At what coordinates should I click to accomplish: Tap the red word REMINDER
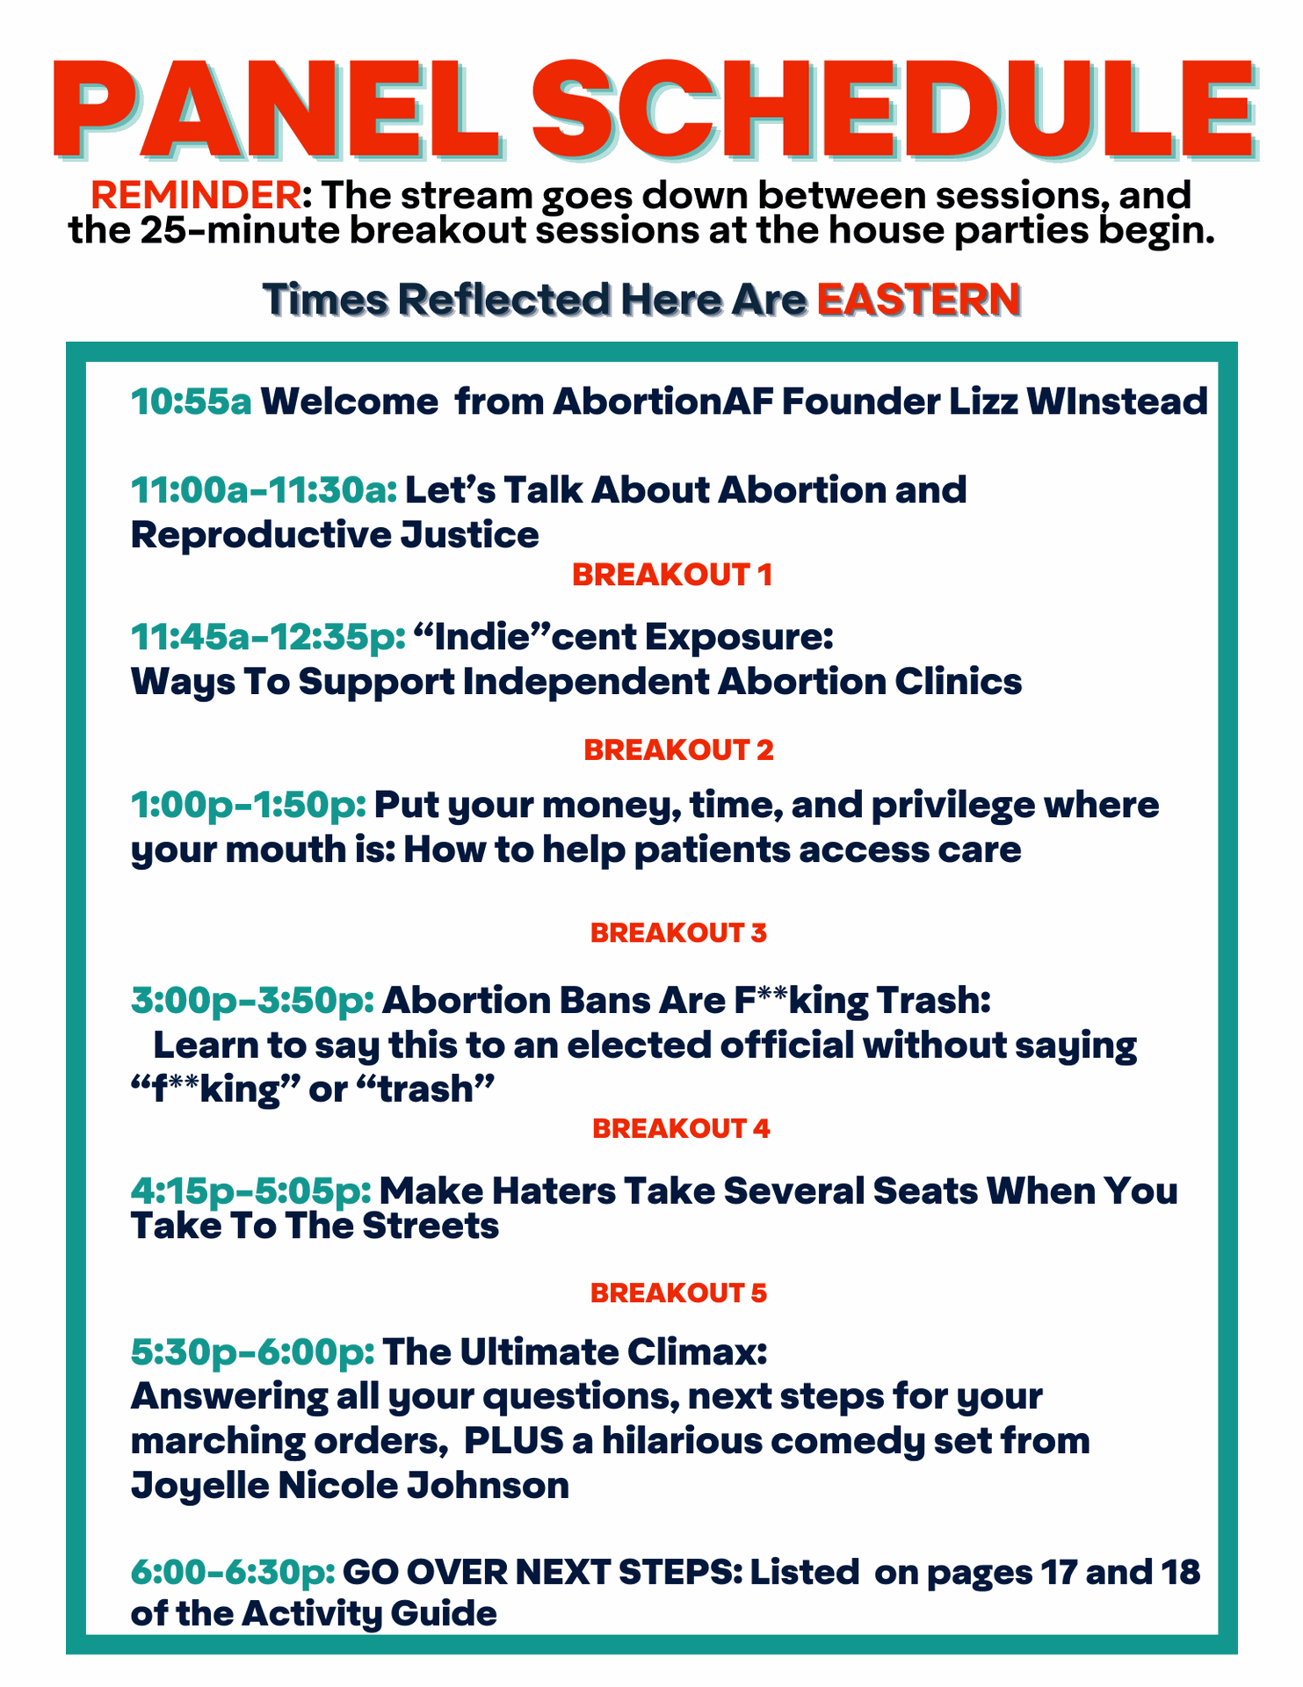click(196, 195)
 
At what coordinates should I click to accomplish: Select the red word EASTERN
click(919, 300)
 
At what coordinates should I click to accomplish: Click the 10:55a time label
click(192, 402)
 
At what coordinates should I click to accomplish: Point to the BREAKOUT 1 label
click(672, 575)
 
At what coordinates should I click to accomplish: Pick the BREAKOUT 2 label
click(678, 750)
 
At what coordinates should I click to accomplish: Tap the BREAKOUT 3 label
click(678, 933)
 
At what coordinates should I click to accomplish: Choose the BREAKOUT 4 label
click(681, 1129)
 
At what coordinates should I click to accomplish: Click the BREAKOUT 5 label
click(678, 1293)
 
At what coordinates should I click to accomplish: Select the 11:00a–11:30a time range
click(264, 490)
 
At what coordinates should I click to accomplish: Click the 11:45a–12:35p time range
click(269, 637)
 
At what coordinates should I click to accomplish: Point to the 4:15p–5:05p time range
click(251, 1191)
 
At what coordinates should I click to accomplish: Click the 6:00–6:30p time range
click(233, 1573)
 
